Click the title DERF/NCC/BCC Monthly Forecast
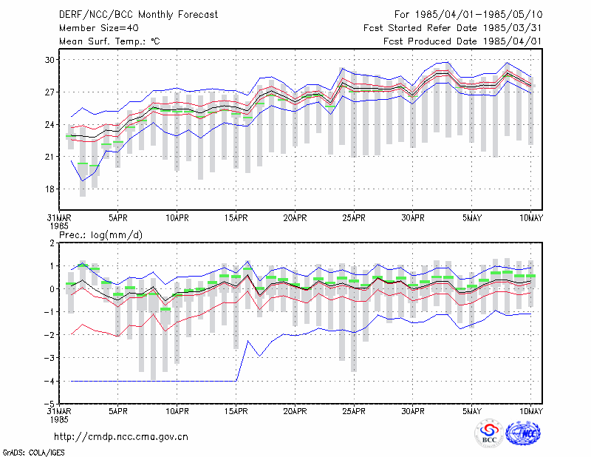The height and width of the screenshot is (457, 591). pyautogui.click(x=138, y=15)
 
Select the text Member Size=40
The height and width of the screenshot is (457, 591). pyautogui.click(x=99, y=28)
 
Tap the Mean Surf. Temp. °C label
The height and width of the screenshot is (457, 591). pyautogui.click(x=109, y=41)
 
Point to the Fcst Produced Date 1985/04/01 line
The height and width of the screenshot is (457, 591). pyautogui.click(x=462, y=41)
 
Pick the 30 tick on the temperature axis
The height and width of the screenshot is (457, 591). pyautogui.click(x=49, y=60)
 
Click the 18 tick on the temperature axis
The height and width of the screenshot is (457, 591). pyautogui.click(x=49, y=189)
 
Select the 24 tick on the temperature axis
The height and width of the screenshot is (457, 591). pyautogui.click(x=49, y=124)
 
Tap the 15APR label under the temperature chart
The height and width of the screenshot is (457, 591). pyautogui.click(x=236, y=218)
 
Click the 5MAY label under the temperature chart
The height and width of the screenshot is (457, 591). pyautogui.click(x=472, y=218)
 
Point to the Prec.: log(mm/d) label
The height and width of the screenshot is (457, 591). pyautogui.click(x=100, y=235)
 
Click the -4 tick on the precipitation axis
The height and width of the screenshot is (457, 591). pyautogui.click(x=49, y=381)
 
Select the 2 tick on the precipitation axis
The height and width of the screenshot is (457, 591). pyautogui.click(x=52, y=243)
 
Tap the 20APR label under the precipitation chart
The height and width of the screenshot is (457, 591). pyautogui.click(x=295, y=411)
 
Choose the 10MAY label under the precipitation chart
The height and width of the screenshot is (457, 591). pyautogui.click(x=531, y=411)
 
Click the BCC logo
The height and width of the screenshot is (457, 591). pyautogui.click(x=489, y=433)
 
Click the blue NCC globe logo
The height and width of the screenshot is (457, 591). pyautogui.click(x=523, y=433)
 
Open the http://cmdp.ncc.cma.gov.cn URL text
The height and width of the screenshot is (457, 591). pyautogui.click(x=121, y=437)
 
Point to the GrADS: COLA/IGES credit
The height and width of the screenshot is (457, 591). pyautogui.click(x=33, y=453)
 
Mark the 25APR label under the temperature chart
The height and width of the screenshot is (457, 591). pyautogui.click(x=354, y=218)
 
